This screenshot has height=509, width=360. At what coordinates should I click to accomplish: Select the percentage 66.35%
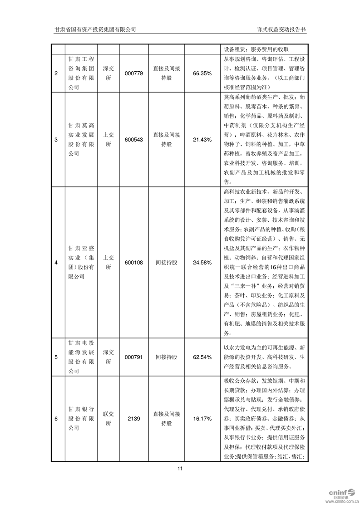[202, 73]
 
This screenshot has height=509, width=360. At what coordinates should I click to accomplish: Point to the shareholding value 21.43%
[202, 140]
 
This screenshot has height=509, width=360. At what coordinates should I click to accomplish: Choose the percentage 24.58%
[202, 262]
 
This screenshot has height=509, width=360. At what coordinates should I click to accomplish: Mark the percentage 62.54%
[202, 357]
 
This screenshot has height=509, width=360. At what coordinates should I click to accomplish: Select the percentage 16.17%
[202, 419]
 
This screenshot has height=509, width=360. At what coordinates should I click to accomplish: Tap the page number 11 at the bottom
[180, 469]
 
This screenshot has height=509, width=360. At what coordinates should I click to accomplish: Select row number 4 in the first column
[56, 262]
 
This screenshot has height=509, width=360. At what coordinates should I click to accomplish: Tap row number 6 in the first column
[56, 419]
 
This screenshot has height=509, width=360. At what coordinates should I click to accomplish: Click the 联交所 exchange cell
[108, 419]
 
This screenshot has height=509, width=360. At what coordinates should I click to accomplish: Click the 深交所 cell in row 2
[108, 73]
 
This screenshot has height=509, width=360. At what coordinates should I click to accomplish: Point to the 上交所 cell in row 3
[108, 140]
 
